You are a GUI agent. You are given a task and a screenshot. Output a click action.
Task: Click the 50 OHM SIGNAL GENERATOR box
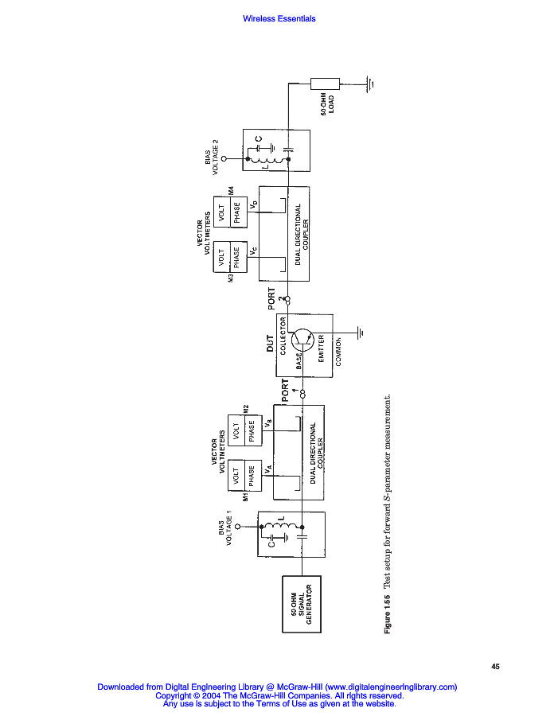(x=302, y=603)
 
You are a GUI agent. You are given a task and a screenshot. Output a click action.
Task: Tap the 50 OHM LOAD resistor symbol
(x=325, y=83)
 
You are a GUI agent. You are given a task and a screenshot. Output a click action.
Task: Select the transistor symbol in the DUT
(x=302, y=339)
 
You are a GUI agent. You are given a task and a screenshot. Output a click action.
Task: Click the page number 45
(x=495, y=667)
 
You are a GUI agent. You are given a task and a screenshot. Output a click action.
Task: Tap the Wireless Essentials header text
(x=279, y=19)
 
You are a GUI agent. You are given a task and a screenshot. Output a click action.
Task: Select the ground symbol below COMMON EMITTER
(x=361, y=333)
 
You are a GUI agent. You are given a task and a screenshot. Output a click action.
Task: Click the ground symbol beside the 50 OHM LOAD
(x=369, y=83)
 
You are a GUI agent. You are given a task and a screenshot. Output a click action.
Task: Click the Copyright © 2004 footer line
(x=279, y=695)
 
